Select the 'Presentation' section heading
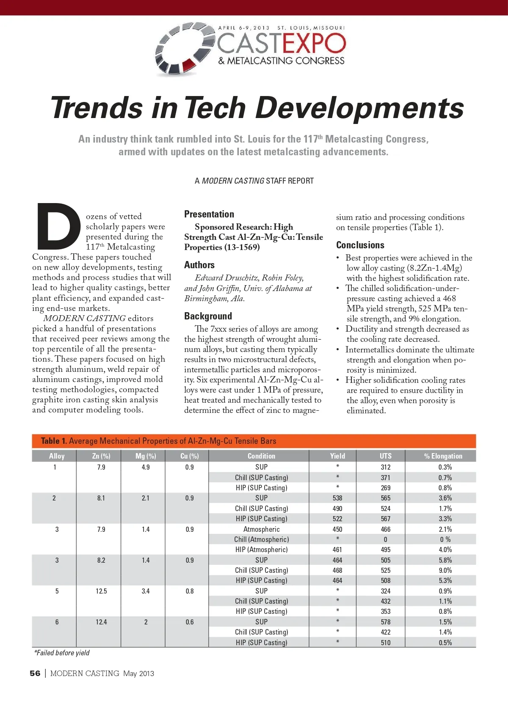coord(209,214)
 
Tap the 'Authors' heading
coord(199,265)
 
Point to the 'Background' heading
coord(208,316)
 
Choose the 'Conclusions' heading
coord(360,245)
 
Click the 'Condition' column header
coord(261,456)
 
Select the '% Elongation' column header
coord(443,456)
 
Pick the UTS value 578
coord(386,622)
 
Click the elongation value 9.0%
coord(445,570)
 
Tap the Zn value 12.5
coord(101,591)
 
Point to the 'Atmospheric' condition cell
coord(261,529)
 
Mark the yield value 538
coord(337,498)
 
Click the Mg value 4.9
coord(146,467)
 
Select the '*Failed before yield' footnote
coord(62,653)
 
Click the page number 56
coord(35,674)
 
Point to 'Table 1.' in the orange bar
coord(54,441)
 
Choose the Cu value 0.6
coord(190,622)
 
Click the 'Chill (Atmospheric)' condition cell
coord(261,539)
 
